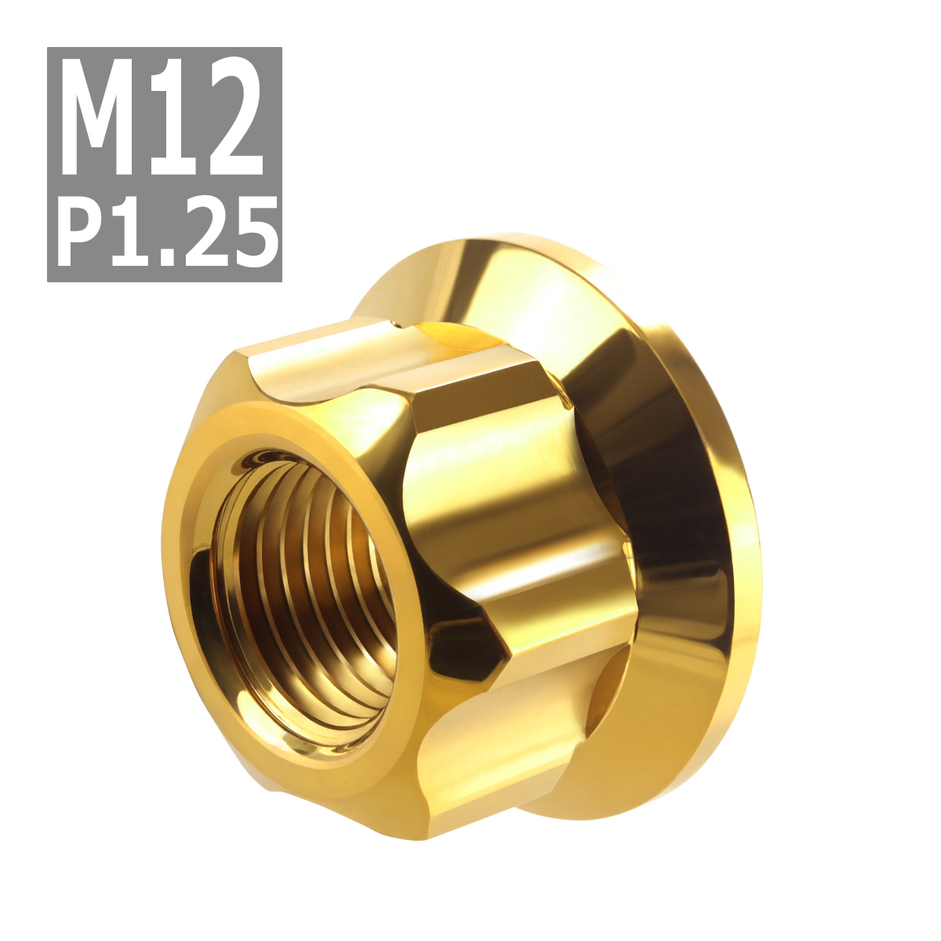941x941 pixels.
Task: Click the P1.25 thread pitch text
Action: click(168, 233)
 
